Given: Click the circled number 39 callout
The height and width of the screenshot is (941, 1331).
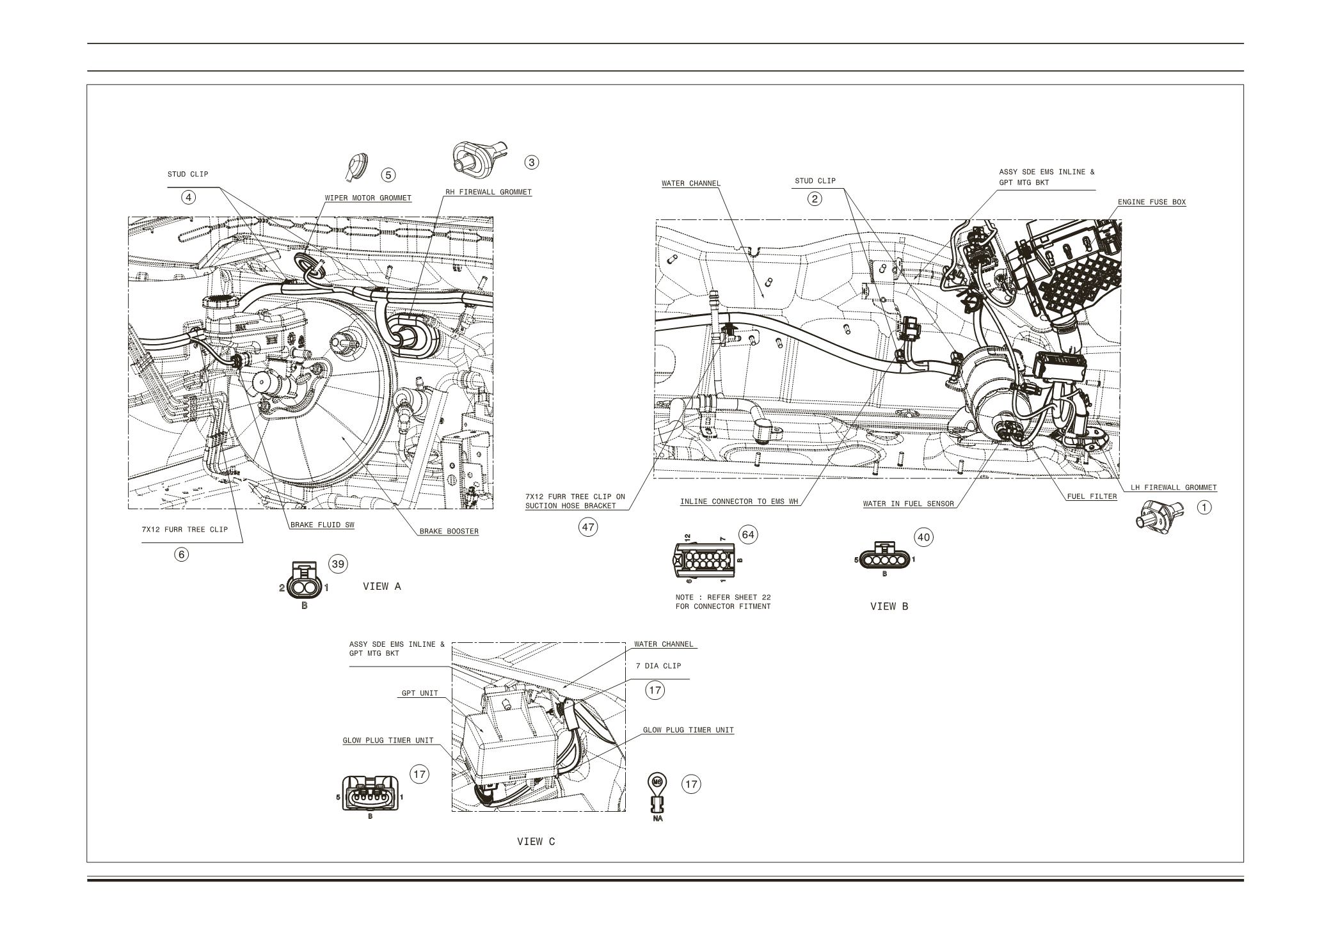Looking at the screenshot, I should (x=338, y=564).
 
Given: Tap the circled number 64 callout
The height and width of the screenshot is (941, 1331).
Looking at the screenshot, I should (x=747, y=535).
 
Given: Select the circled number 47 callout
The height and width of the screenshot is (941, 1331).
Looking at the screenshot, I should (x=587, y=528).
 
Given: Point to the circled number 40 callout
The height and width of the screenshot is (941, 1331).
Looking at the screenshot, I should (x=923, y=537).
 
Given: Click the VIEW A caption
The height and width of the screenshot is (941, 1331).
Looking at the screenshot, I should (x=382, y=586).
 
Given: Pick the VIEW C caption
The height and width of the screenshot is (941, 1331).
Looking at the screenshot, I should (x=536, y=842).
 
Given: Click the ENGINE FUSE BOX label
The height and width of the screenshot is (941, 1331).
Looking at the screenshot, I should (x=1151, y=202).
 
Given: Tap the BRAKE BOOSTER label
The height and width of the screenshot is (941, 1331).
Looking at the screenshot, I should (x=449, y=531).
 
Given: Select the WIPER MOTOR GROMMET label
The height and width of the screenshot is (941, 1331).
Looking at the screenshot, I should (x=368, y=198).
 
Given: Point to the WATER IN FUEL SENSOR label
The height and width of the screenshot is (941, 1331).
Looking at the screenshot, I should (x=908, y=503).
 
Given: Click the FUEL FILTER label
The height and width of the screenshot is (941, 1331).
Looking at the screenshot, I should (x=1092, y=496).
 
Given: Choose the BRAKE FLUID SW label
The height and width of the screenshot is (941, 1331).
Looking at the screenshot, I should (x=322, y=525).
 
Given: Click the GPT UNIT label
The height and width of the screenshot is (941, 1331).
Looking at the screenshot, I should (x=420, y=693).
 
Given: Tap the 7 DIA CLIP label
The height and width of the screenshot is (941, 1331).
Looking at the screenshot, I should (x=658, y=666).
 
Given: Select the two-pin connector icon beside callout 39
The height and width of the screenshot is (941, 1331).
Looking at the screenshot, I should (x=304, y=581).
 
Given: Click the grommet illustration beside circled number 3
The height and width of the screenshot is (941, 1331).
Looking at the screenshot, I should (x=477, y=158).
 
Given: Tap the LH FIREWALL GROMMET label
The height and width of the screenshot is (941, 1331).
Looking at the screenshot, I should (x=1173, y=487).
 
